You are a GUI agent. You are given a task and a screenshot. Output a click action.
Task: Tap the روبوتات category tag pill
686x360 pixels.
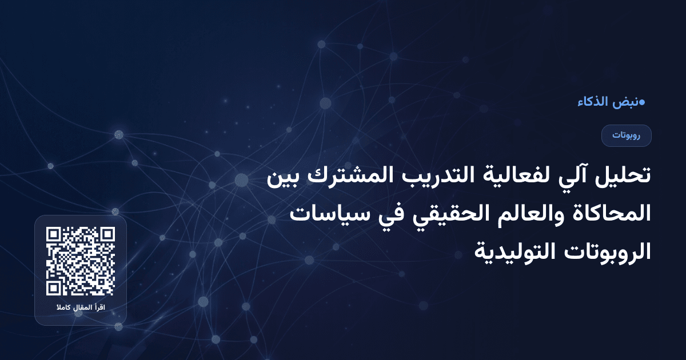[626, 135]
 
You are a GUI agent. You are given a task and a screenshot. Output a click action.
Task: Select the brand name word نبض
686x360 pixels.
[625, 102]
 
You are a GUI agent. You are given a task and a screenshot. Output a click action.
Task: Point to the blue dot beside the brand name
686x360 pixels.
[642, 102]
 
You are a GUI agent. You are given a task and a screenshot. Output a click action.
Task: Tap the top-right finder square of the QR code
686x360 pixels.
[107, 235]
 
